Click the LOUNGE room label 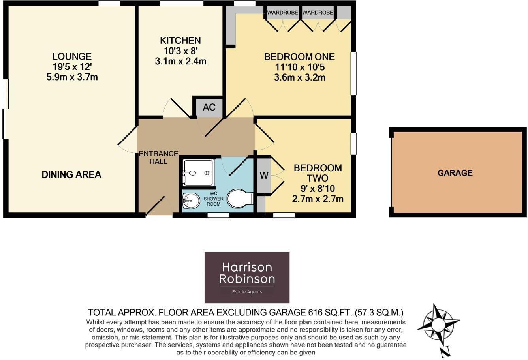coord(71,56)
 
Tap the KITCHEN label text coord(180,40)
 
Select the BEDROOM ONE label coord(299,57)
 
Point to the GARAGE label coord(455,173)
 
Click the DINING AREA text coord(71,174)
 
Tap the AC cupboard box coord(209,107)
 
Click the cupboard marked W coord(263,176)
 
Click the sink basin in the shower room coord(190,201)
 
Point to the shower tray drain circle coord(207,172)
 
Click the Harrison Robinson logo coord(246,277)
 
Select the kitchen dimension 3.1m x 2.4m coord(180,61)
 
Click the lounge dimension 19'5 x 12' coord(71,67)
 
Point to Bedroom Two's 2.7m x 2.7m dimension coord(318,199)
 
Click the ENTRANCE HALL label coord(158,157)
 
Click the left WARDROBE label coord(282,13)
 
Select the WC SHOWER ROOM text coord(213,199)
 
